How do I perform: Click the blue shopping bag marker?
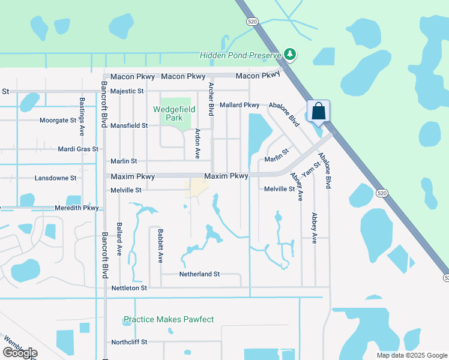coord(318,112)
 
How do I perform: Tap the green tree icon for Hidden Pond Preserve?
coord(291,55)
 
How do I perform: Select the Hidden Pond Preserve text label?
coord(241,55)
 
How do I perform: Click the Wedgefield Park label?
coord(176,113)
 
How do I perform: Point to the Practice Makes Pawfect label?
coord(168,319)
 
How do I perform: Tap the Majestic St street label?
coord(127,91)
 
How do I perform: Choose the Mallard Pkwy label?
coord(239,105)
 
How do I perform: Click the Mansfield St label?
coord(129,125)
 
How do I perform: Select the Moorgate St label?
coord(58,121)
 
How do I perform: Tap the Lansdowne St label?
coord(56,178)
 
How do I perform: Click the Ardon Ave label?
coord(197,143)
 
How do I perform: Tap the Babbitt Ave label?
coord(160,245)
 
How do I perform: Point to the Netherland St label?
coord(199,274)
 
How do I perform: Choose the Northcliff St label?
coord(129,342)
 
